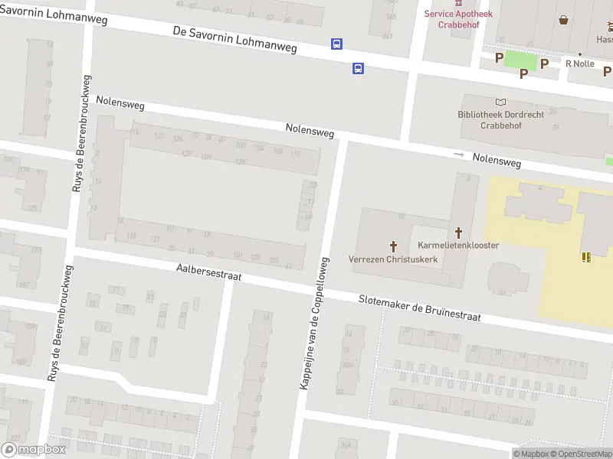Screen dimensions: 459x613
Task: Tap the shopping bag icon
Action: (564, 20)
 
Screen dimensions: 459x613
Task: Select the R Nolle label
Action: (580, 63)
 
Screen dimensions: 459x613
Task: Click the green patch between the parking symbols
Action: (521, 59)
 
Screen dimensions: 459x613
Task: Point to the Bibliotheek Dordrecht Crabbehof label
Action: (500, 119)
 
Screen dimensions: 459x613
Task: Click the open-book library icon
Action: (501, 102)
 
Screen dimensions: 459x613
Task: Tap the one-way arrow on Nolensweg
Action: (459, 155)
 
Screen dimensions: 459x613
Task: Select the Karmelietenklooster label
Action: (459, 245)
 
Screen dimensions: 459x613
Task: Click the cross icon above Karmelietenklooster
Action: (459, 231)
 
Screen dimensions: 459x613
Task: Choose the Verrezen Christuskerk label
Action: (393, 259)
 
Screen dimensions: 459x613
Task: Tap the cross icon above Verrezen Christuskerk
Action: (394, 246)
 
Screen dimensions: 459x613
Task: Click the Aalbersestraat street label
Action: (208, 272)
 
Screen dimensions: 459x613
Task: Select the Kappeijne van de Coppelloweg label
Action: (314, 324)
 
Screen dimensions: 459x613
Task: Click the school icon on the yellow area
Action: (586, 257)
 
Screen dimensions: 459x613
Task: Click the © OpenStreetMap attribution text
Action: (580, 454)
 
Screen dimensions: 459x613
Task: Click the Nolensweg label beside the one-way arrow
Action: (497, 161)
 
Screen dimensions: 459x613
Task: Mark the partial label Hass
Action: (604, 39)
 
